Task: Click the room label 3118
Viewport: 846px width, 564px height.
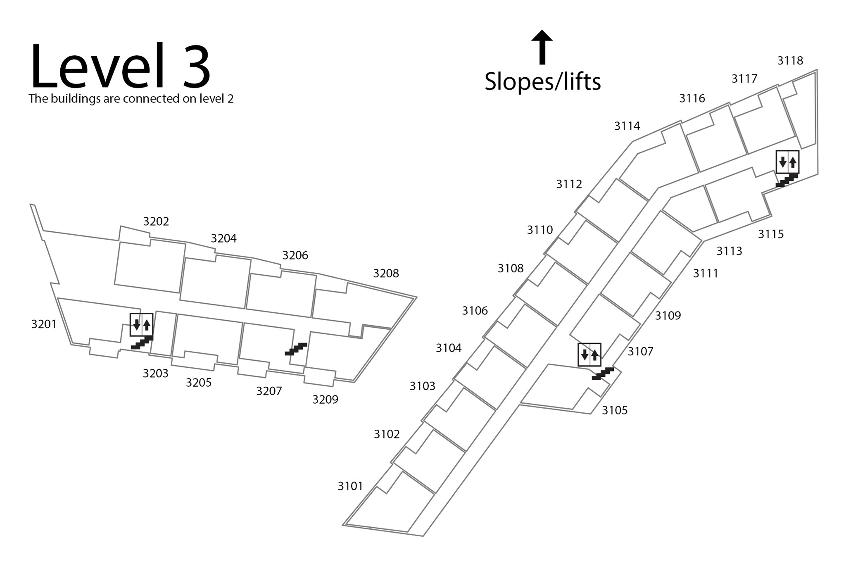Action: coord(790,61)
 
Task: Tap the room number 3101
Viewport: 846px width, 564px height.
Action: coord(350,486)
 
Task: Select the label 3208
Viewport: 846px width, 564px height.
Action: coord(386,273)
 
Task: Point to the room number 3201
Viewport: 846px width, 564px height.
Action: coord(44,324)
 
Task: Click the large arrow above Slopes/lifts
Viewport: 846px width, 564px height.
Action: coord(542,47)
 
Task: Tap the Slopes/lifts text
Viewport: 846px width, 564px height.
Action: coord(542,81)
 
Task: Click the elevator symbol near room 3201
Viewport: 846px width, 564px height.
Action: coord(141,324)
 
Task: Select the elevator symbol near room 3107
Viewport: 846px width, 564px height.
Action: coord(589,355)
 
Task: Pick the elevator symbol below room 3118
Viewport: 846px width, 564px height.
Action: coord(787,162)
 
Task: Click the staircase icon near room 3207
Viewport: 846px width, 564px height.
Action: coord(296,349)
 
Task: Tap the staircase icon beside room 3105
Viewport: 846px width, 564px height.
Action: coord(603,374)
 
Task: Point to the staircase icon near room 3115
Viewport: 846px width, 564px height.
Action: coord(786,181)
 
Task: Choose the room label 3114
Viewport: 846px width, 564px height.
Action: coord(627,126)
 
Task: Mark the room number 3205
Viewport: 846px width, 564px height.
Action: coord(199,383)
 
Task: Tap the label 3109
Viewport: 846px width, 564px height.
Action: coord(668,316)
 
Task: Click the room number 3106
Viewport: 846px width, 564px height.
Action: coord(475,311)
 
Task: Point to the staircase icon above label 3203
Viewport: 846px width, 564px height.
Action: coord(142,343)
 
